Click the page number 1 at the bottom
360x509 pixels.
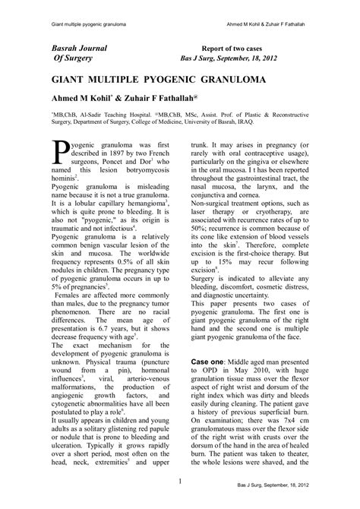(x=179, y=482)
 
